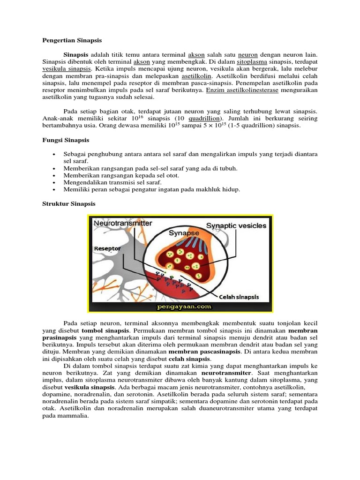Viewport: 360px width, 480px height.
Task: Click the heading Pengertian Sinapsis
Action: coord(72,40)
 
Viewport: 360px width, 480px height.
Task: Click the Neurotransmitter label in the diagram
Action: coord(123,224)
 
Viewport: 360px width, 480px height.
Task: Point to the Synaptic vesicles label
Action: coord(237,225)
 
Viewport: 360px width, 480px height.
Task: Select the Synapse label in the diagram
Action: coord(184,232)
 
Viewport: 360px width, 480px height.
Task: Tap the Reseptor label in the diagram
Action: coord(108,248)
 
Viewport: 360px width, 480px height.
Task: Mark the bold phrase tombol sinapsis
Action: coord(104,330)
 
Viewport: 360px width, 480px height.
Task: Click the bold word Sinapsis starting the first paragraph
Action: coord(76,54)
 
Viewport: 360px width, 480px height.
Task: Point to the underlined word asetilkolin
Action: coord(197,75)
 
